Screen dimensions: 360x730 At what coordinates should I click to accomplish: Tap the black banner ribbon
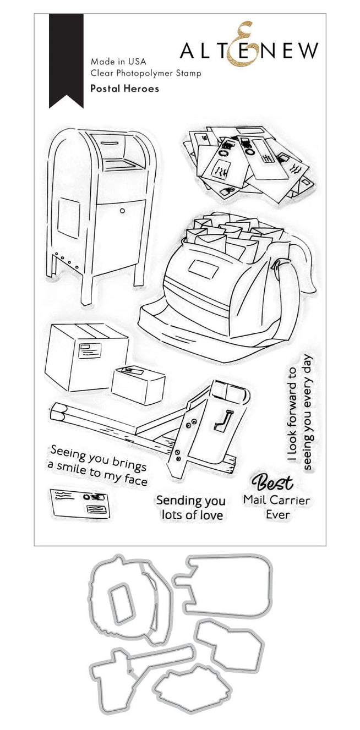tap(66, 61)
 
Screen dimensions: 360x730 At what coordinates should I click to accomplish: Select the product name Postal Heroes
tap(124, 89)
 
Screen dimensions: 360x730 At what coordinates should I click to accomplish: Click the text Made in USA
tap(118, 61)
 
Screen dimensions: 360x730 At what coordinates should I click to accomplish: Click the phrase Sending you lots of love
tap(191, 508)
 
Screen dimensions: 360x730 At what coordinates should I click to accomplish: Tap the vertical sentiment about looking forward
tap(301, 412)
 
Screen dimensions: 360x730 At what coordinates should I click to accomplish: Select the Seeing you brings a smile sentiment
tap(98, 466)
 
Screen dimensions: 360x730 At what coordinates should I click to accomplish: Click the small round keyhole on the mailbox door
tap(122, 211)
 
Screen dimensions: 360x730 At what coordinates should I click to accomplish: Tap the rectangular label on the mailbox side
tap(69, 217)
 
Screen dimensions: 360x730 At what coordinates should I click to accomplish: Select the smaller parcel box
tap(138, 385)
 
